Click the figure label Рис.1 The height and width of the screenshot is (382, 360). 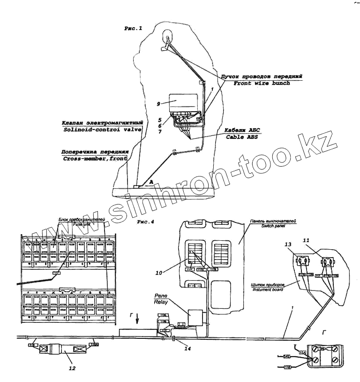(x=133, y=29)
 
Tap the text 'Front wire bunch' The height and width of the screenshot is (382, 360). (x=262, y=83)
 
